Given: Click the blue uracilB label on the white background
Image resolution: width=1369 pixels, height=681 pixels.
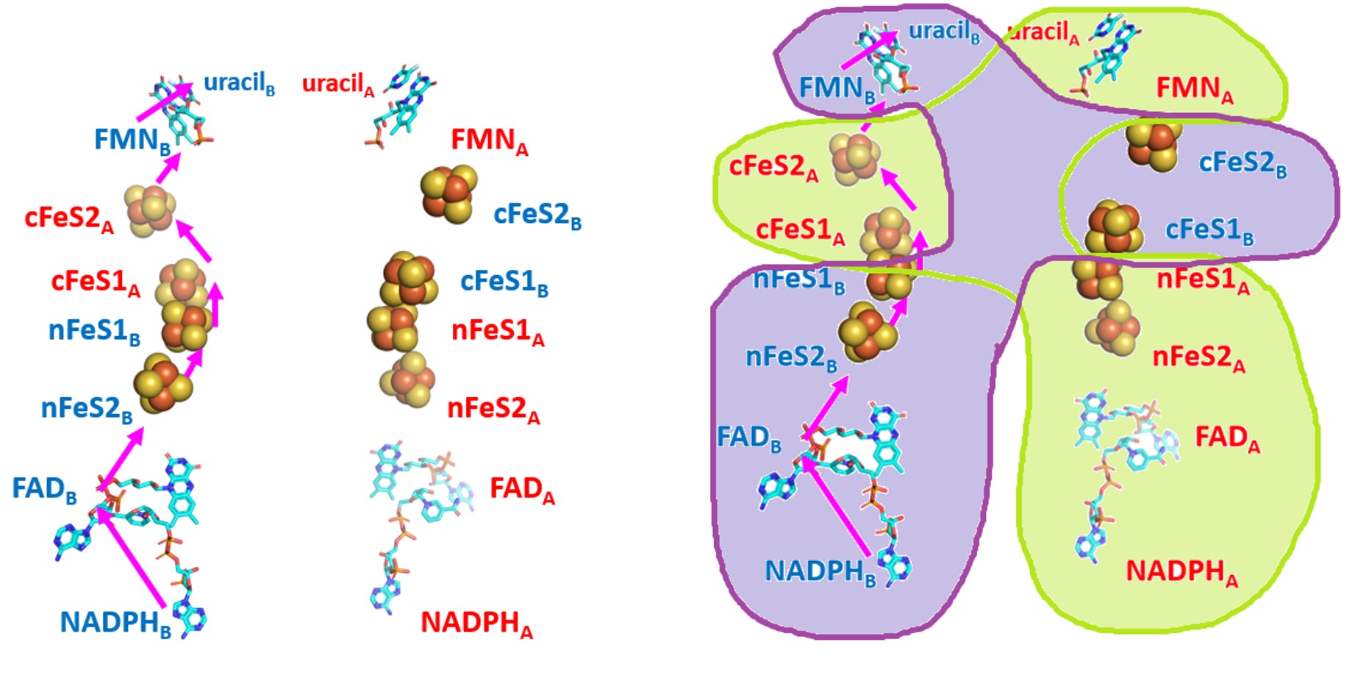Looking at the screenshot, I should click(239, 83).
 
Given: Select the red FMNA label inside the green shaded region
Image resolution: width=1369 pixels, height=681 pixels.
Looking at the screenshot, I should click(1194, 88).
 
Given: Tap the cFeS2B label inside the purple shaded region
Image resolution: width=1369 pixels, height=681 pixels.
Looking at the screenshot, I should click(1242, 163).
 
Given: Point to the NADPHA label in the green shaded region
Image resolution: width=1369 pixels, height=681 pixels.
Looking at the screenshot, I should click(1182, 571).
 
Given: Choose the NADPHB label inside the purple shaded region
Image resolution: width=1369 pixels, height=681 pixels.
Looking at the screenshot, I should click(820, 571).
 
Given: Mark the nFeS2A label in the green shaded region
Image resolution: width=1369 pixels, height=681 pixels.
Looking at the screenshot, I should click(1198, 358).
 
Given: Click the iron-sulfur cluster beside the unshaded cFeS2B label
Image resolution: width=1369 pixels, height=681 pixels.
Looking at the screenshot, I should click(448, 193).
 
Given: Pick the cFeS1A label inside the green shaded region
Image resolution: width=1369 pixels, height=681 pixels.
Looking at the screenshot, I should click(800, 230).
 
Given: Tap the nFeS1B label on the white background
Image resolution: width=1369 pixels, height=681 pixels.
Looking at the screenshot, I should click(94, 332).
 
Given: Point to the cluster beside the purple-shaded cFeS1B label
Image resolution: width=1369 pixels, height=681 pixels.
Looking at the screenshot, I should click(1114, 227).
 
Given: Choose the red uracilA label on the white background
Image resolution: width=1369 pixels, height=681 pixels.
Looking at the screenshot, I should click(338, 84).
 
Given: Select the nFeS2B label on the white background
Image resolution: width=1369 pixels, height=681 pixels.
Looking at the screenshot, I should click(87, 409).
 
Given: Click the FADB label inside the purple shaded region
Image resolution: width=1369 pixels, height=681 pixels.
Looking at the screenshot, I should click(748, 438).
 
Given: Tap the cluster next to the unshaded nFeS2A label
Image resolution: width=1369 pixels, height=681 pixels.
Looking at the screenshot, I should click(407, 379).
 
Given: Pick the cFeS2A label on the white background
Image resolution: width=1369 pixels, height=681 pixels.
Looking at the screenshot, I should click(69, 218).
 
